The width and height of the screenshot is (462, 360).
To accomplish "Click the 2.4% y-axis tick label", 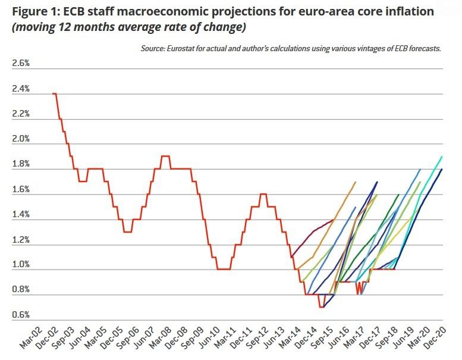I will click(x=21, y=89).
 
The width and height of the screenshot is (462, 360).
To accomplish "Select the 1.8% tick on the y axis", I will click(x=21, y=164).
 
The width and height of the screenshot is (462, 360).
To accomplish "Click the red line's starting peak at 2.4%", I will click(x=54, y=93).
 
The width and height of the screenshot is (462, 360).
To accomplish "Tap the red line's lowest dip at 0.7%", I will click(x=321, y=307).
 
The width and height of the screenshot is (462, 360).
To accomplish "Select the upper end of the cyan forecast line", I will click(x=442, y=156).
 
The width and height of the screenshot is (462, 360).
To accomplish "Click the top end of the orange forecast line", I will click(x=355, y=182).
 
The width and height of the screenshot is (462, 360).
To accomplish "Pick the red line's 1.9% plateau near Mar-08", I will click(x=166, y=156).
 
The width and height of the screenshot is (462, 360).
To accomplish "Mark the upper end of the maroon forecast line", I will click(x=334, y=219).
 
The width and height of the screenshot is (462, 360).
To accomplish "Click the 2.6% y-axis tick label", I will click(x=21, y=64).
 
